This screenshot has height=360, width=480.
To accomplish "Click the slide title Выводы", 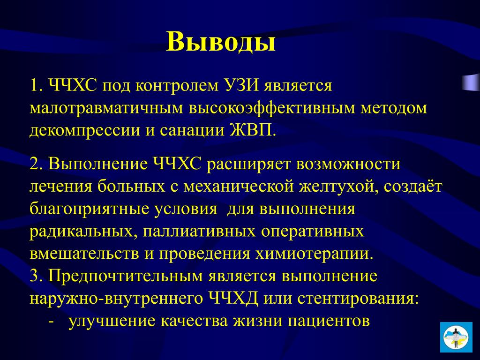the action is pos(221,42).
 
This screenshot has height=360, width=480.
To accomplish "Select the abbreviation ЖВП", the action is pos(252,130).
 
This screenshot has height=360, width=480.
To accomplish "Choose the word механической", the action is pos(239,187).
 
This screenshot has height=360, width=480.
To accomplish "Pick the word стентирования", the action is pos(358,299).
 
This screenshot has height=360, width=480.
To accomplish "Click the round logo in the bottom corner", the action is pos(456,337).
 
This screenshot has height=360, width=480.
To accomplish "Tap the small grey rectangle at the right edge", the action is pos(471,82).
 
